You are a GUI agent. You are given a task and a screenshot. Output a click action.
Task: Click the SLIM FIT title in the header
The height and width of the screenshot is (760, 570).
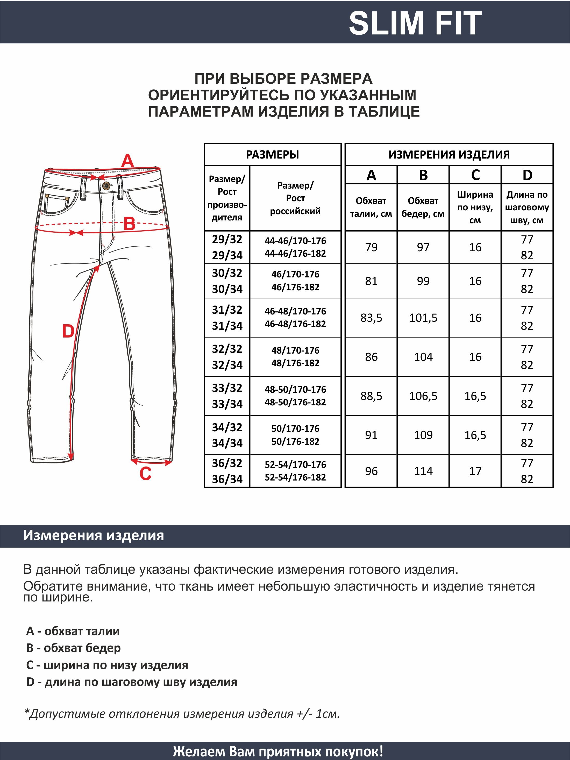pos(415,23)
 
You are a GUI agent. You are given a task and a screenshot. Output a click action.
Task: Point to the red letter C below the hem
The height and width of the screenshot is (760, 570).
pos(145,474)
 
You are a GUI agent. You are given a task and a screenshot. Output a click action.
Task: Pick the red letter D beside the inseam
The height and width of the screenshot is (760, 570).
pos(68,331)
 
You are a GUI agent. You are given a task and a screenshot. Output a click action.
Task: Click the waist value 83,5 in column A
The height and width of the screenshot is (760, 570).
pos(371,318)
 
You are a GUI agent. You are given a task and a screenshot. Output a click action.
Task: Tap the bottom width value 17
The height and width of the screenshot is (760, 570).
pos(475,471)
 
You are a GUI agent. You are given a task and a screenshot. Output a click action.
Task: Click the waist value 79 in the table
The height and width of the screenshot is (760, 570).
pos(371,247)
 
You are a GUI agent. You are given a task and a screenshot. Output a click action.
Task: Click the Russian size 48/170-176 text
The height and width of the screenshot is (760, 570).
pos(295,350)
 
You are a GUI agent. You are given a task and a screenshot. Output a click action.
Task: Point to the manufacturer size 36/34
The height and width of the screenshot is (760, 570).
pos(227,479)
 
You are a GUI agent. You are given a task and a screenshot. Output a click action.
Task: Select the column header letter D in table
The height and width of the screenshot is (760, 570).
pos(527,175)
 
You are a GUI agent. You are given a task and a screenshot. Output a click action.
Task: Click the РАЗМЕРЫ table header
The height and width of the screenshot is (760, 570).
pos(273,155)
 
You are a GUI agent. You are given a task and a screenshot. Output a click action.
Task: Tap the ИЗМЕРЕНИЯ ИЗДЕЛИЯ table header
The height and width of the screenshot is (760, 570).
pos(449,155)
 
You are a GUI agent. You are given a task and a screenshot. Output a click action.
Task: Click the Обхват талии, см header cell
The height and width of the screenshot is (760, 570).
pos(371,207)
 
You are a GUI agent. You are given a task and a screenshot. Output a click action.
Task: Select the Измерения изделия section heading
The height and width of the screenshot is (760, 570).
pos(94,535)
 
